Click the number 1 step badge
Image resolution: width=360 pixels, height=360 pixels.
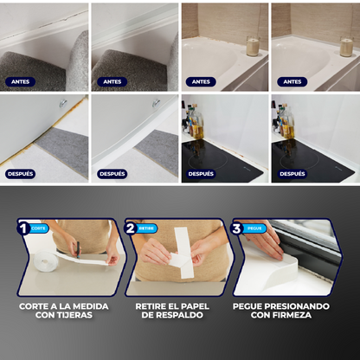(x=23, y=229)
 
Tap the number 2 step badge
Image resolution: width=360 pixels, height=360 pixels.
(x=131, y=229)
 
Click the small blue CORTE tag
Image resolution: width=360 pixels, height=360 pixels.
(x=39, y=228)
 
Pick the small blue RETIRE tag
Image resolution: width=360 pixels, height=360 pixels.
(x=147, y=228)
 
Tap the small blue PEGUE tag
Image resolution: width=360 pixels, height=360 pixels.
(x=254, y=228)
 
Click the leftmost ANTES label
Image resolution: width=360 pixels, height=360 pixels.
(x=20, y=82)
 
